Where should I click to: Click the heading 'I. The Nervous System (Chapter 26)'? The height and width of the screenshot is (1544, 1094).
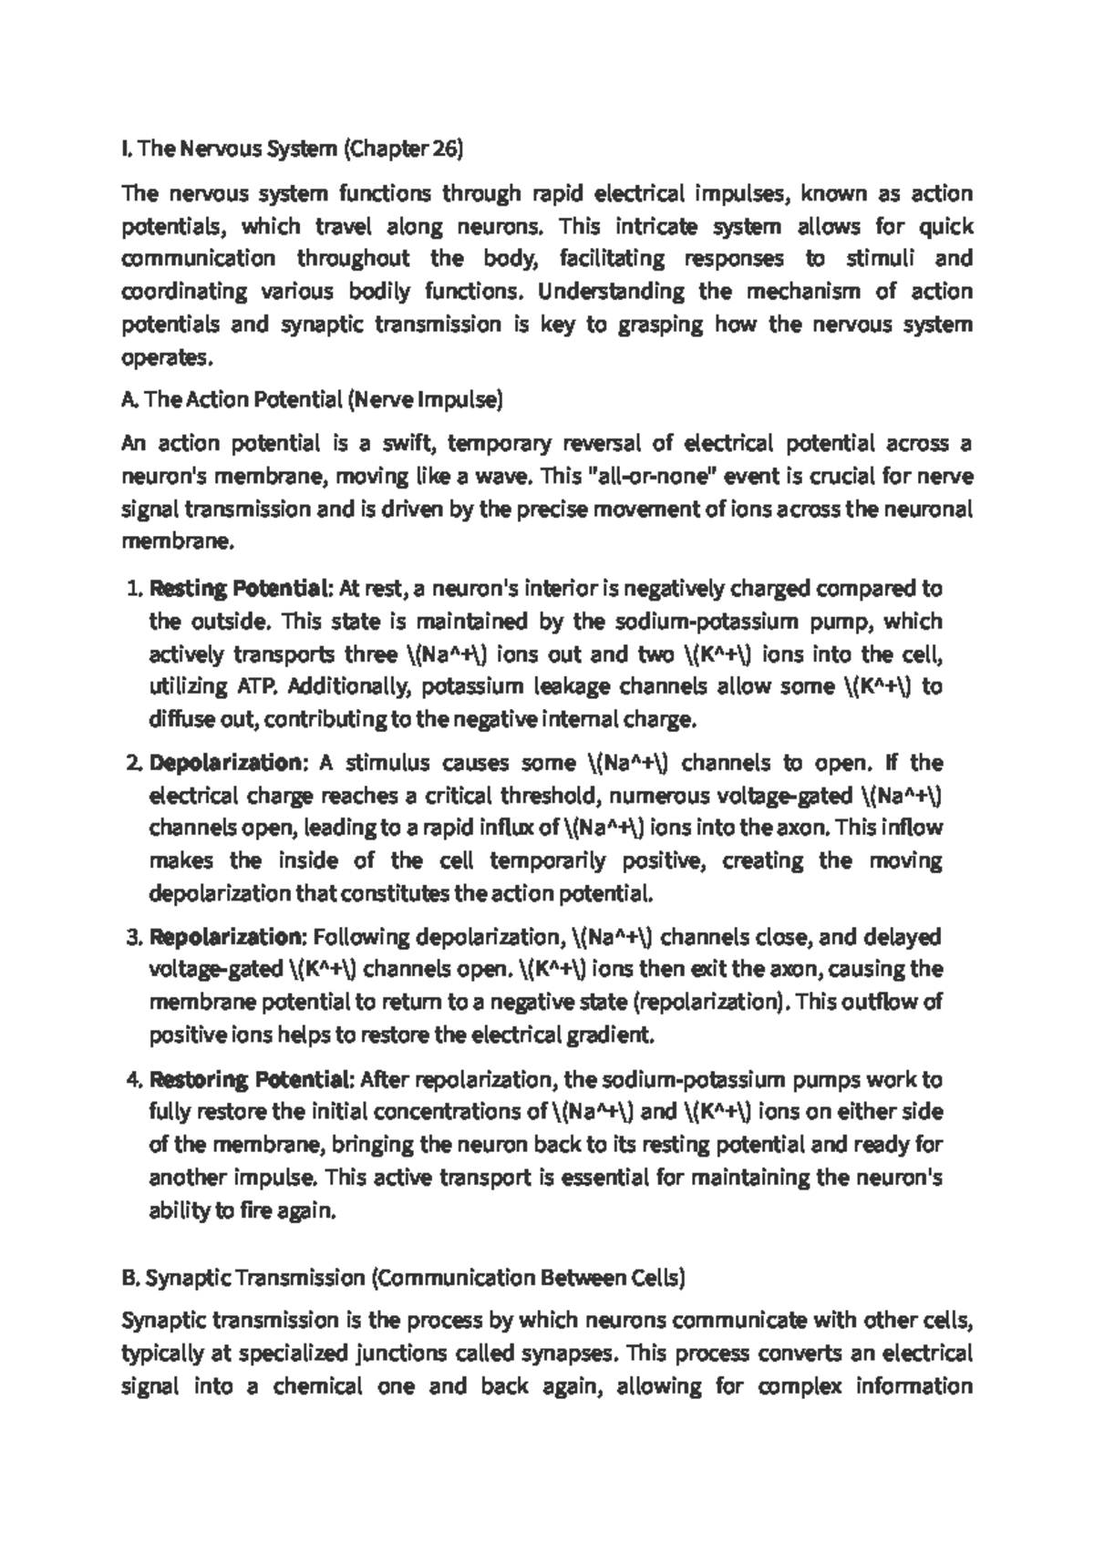pos(293,149)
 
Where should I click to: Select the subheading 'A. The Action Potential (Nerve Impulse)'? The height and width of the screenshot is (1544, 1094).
pos(312,399)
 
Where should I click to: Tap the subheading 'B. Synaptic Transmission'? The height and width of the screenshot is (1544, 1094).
pos(402,1278)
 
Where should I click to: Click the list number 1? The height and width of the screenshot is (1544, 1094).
pos(132,589)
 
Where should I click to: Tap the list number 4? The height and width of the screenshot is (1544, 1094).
pos(132,1080)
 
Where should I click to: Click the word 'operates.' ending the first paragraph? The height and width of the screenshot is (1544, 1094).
pos(167,357)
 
